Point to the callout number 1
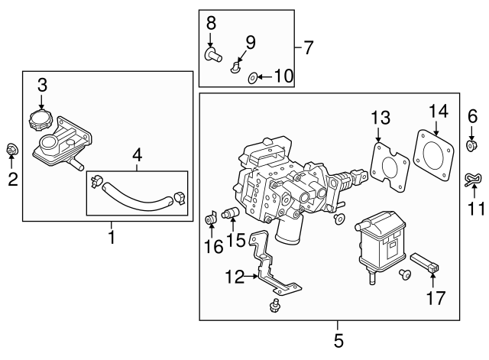point(111,238)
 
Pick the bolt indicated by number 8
point(212,54)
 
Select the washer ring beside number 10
point(253,77)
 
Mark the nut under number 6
point(471,145)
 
